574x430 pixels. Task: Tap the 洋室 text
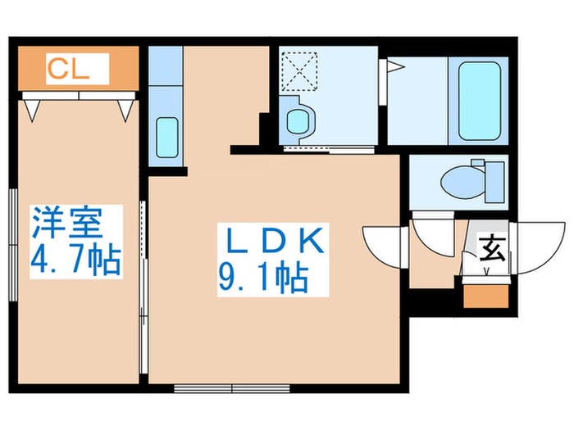click(66, 222)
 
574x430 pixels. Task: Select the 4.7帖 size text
click(75, 261)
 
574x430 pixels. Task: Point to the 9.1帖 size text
click(262, 279)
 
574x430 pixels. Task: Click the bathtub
click(479, 101)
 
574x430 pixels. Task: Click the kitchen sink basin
click(166, 135)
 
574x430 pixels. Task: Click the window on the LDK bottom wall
click(232, 387)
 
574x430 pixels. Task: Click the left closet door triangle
click(32, 107)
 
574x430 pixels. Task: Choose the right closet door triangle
click(126, 107)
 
